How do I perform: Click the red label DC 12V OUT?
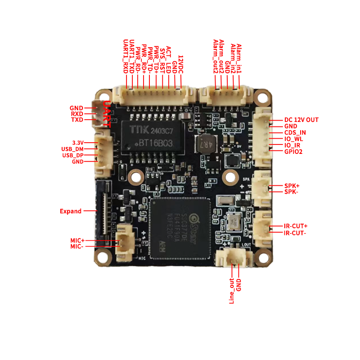[x=301, y=120]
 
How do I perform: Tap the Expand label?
[x=71, y=211]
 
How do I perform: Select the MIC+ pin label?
[x=77, y=241]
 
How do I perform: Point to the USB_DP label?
[x=73, y=155]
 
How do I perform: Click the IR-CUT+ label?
[x=296, y=226]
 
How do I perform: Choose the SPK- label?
[x=292, y=192]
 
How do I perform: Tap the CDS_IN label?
[x=295, y=133]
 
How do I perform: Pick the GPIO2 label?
[x=293, y=152]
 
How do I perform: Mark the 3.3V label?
[x=78, y=142]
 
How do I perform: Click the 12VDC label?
[x=180, y=65]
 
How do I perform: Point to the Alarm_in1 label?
[x=239, y=58]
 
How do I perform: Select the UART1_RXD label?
[x=126, y=57]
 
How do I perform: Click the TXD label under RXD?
[x=77, y=120]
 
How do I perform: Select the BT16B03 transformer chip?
[x=153, y=137]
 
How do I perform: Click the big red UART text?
[x=107, y=115]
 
